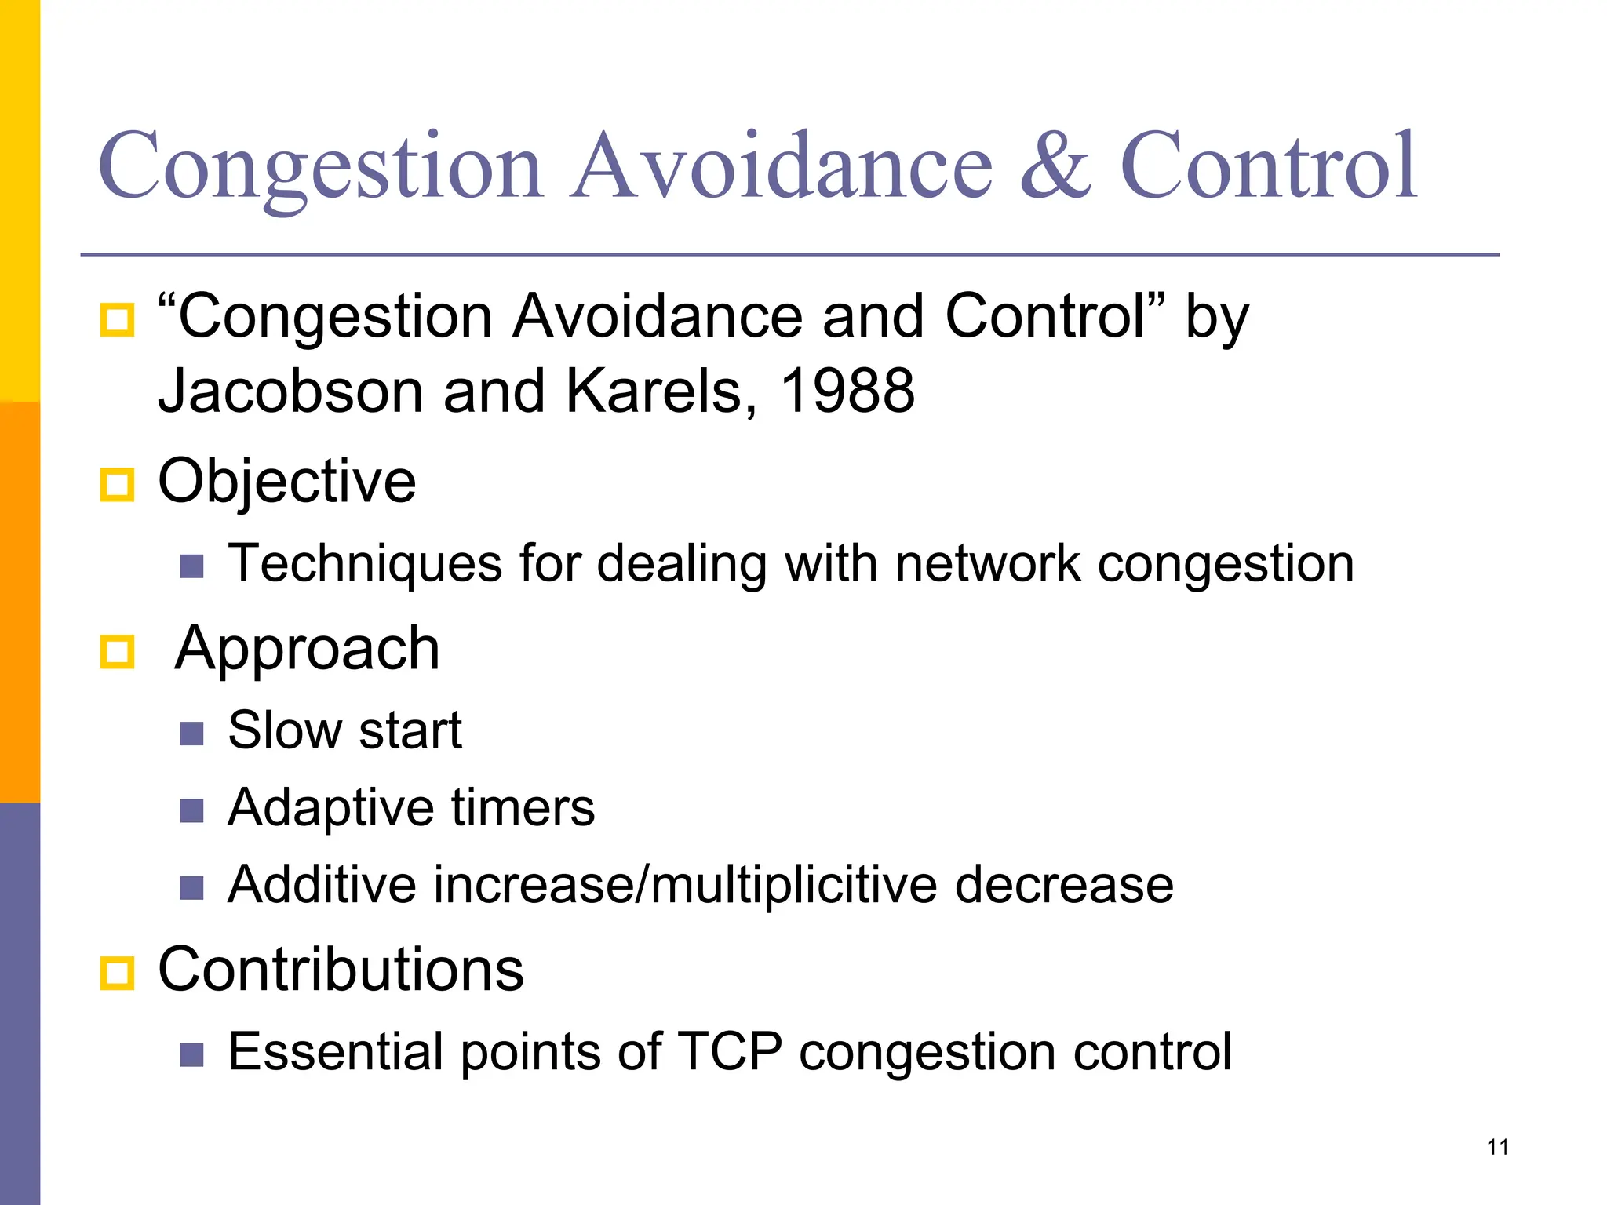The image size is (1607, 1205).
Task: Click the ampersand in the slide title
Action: pos(1055,167)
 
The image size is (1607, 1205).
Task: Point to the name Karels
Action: pos(652,391)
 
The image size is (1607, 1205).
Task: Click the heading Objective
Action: pos(286,482)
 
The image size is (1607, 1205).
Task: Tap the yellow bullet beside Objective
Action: pos(118,484)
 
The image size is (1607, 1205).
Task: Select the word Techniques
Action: pos(365,565)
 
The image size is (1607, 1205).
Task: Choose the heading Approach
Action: pos(307,650)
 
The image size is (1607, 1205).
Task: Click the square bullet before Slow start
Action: pos(191,734)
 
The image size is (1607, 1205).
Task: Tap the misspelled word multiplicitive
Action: pos(793,886)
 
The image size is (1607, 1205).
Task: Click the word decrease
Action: pos(1064,886)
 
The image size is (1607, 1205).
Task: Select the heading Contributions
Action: pos(341,970)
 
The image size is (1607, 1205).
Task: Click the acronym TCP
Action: pos(729,1052)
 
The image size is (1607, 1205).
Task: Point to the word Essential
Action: pos(335,1052)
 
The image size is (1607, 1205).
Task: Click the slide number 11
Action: pos(1497,1147)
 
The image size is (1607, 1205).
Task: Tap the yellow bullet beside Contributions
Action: pos(118,973)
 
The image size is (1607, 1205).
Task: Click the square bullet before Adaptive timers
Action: pos(191,810)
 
